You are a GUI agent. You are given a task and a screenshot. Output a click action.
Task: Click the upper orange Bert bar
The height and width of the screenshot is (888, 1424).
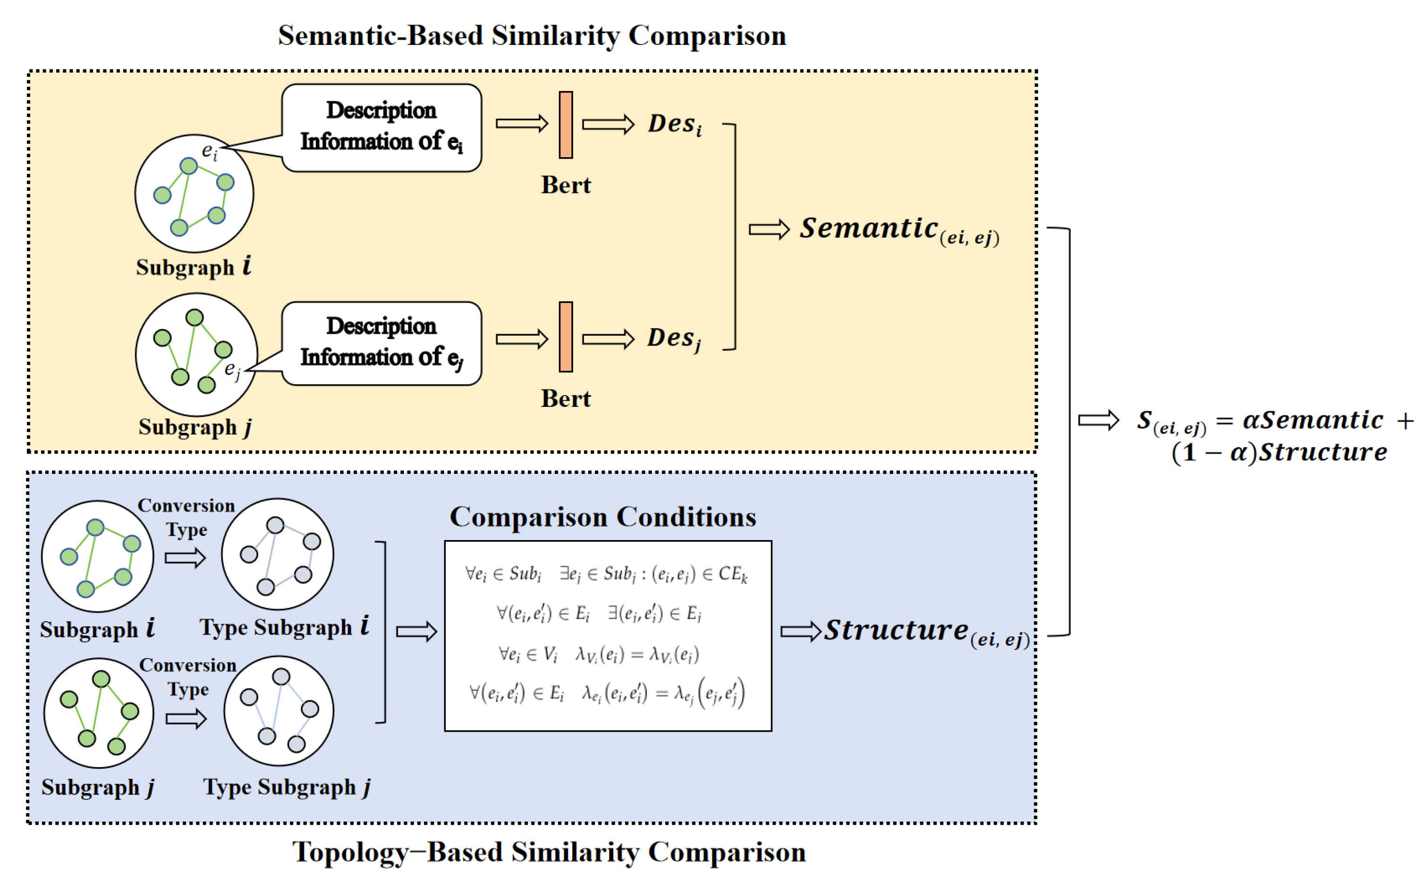[x=566, y=125]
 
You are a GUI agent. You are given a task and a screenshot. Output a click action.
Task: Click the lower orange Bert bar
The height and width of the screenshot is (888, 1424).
[x=566, y=337]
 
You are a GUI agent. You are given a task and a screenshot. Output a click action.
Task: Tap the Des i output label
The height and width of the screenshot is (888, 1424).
[x=674, y=125]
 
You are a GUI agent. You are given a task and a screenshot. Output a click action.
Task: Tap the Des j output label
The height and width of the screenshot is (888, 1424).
[x=674, y=339]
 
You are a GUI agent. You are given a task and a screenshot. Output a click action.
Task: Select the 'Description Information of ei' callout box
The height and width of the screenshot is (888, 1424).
[x=381, y=127]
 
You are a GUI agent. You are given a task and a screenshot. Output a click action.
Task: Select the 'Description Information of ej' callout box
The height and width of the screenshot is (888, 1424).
[x=381, y=343]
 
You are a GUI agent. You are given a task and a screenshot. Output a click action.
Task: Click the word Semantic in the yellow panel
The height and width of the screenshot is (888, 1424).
[x=869, y=228]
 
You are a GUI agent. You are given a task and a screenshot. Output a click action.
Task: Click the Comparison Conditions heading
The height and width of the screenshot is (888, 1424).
[x=602, y=517]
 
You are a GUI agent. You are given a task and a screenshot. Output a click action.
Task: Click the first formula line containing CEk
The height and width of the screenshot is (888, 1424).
[x=606, y=574]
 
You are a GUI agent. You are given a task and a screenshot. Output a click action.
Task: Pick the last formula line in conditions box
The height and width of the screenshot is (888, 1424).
[x=606, y=693]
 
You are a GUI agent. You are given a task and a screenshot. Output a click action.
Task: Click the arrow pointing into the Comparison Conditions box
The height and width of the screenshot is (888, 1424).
[x=416, y=632]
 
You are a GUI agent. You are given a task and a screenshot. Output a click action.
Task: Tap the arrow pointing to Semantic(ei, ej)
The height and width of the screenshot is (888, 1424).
[x=769, y=229]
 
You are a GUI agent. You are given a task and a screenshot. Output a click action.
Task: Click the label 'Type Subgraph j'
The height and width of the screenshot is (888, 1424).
[x=287, y=787]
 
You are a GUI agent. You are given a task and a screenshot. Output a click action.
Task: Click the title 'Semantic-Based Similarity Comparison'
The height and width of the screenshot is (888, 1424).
[x=532, y=36]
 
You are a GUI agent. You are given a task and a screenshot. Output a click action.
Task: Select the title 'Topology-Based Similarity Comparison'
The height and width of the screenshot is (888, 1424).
[x=549, y=852]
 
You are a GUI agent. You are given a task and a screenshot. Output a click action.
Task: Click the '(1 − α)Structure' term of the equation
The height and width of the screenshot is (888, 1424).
[x=1279, y=453]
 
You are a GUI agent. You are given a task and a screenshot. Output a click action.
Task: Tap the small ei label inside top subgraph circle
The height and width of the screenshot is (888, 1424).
[x=209, y=152]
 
